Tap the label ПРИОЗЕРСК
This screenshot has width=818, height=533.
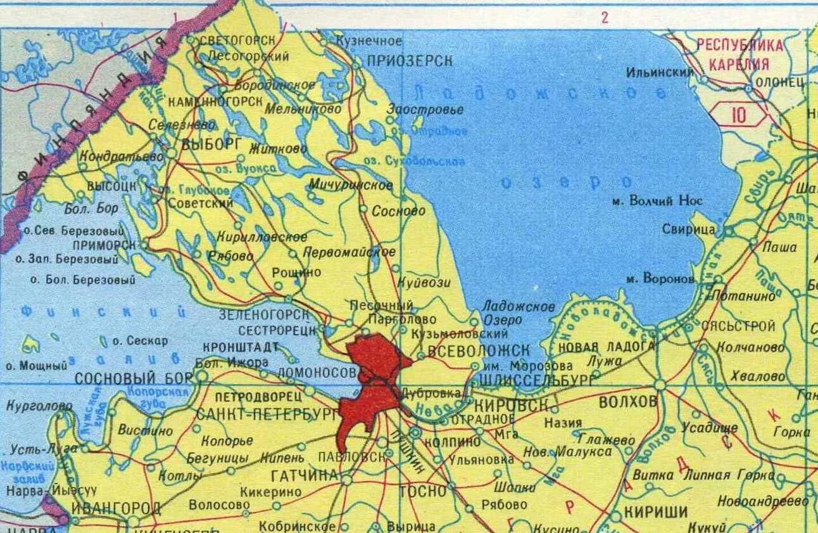(410, 61)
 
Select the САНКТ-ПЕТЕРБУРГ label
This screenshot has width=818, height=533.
(267, 415)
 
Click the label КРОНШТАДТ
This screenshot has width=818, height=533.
(241, 347)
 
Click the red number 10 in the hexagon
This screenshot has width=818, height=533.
(738, 115)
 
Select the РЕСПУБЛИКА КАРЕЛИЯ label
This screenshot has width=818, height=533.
(739, 54)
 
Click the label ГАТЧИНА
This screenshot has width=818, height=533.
(303, 475)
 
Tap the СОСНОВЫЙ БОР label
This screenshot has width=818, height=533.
(133, 378)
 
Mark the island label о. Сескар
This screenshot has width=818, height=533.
(140, 341)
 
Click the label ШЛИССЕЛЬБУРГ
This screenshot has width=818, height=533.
(538, 380)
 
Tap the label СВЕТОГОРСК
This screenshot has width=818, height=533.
(237, 40)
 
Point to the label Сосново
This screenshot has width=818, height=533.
(398, 211)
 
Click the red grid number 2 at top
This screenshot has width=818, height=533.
(605, 17)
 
